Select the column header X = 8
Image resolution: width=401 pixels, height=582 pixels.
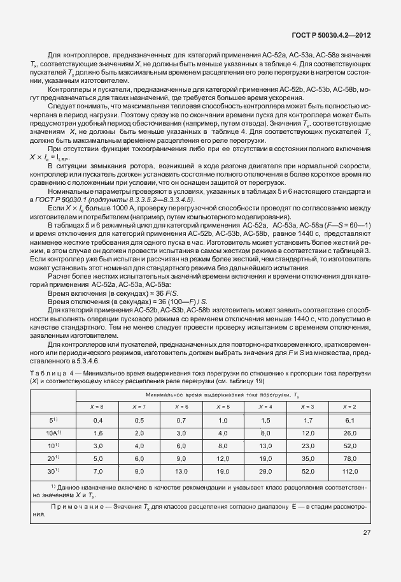pyautogui.click(x=99, y=406)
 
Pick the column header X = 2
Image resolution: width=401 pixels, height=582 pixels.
pyautogui.click(x=349, y=406)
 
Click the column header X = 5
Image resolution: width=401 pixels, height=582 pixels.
pyautogui.click(x=223, y=406)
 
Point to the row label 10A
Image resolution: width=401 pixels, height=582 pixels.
pyautogui.click(x=53, y=432)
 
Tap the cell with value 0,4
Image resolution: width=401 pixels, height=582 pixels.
pyautogui.click(x=99, y=420)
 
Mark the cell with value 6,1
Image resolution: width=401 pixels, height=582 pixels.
pyautogui.click(x=349, y=420)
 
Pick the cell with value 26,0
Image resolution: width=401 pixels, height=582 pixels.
pyautogui.click(x=349, y=432)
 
